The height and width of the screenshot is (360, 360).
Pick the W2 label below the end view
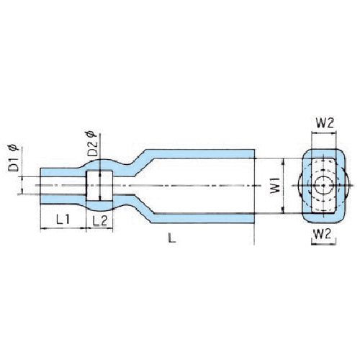(x=323, y=235)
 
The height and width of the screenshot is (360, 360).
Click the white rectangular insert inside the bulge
(x=100, y=186)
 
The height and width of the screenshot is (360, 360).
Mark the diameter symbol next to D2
(x=91, y=133)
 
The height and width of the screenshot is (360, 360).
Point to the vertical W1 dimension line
(x=284, y=186)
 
